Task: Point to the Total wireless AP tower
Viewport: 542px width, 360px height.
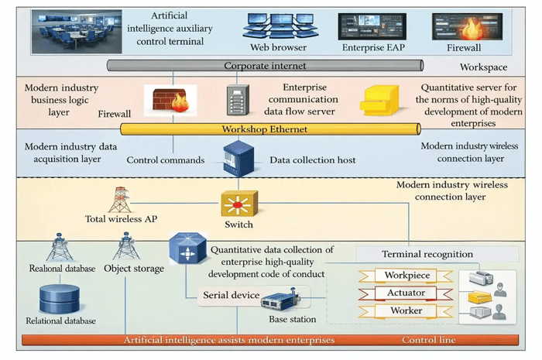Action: pyautogui.click(x=118, y=199)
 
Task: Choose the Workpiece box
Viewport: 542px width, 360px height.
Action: pyautogui.click(x=406, y=276)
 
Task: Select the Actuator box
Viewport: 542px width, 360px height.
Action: pyautogui.click(x=406, y=293)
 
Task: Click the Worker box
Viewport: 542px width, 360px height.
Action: pyautogui.click(x=406, y=310)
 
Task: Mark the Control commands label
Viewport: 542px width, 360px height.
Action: pyautogui.click(x=166, y=160)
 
